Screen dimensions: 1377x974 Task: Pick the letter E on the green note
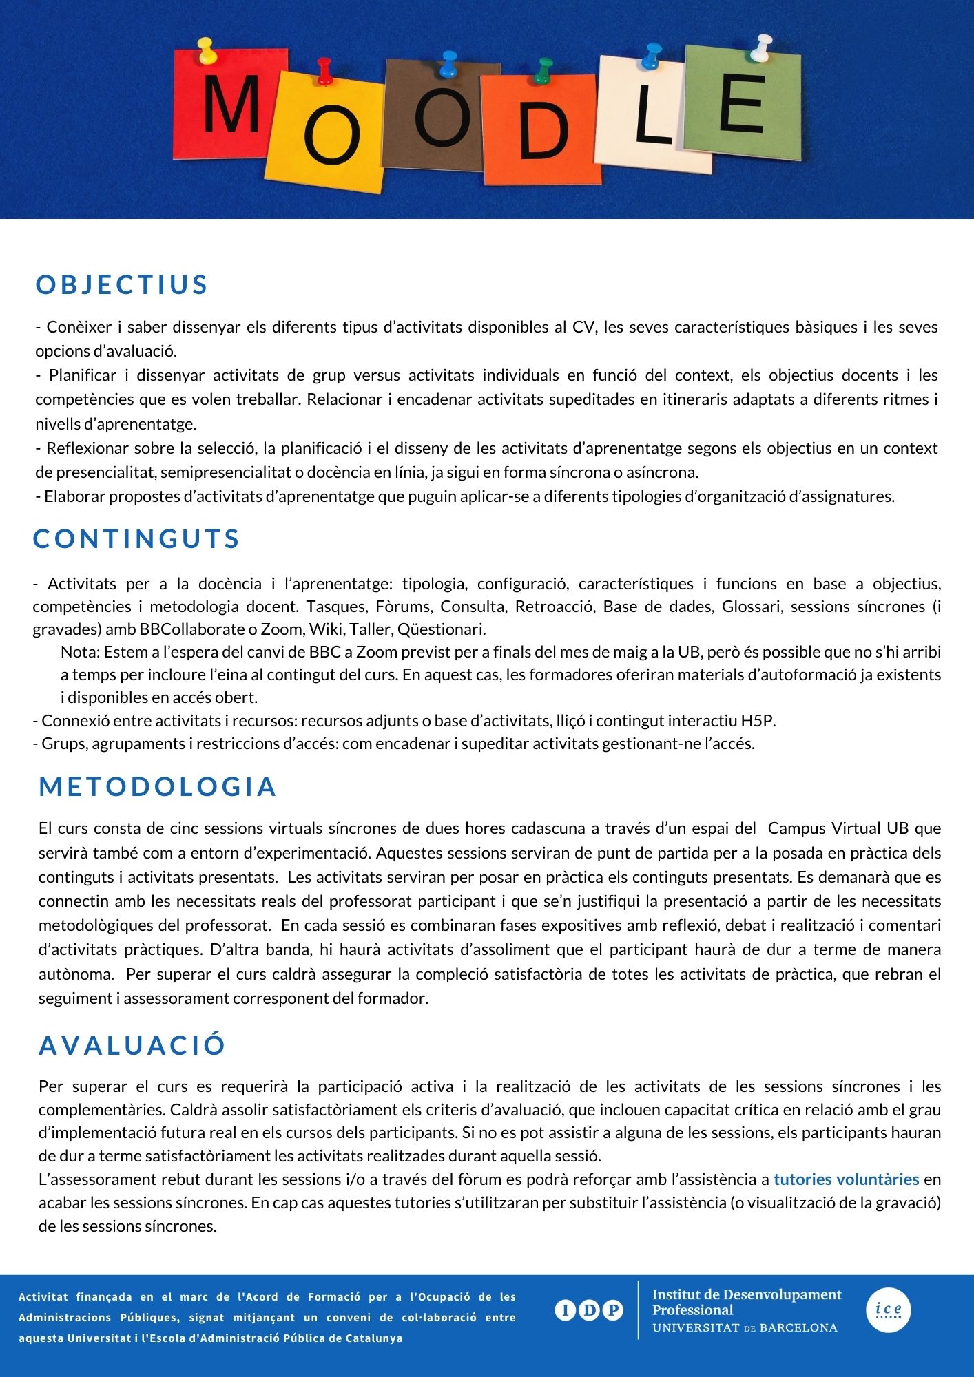point(741,104)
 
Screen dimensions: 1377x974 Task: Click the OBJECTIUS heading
point(122,285)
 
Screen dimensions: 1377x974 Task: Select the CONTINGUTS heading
point(136,539)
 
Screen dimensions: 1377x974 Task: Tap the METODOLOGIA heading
point(158,787)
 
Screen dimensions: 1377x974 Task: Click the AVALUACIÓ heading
point(132,1045)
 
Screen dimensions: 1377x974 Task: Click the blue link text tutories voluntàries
point(846,1179)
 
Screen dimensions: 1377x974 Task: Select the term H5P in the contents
point(758,721)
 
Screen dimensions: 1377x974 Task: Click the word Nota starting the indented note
point(79,652)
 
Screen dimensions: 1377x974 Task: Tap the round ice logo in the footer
point(888,1310)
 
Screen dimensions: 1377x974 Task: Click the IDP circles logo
point(589,1310)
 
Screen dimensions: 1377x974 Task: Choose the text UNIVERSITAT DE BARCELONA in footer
point(745,1328)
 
